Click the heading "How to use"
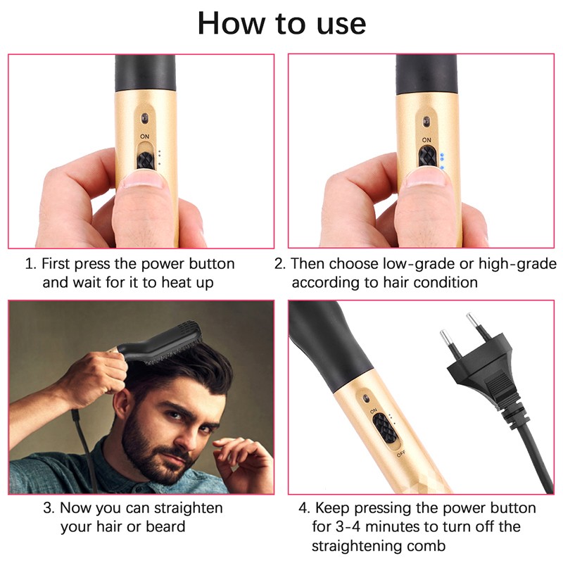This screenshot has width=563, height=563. pos(282,23)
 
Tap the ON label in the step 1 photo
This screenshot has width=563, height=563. pos(145,137)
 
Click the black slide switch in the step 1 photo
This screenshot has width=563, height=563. pos(146,161)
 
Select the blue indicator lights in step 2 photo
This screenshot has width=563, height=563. pos(442,161)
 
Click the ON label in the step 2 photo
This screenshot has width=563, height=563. pos(426,139)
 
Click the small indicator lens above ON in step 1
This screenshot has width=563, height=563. pos(145,118)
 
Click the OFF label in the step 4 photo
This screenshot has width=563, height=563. pos(401,454)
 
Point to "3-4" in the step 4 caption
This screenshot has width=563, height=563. pos(348,526)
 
